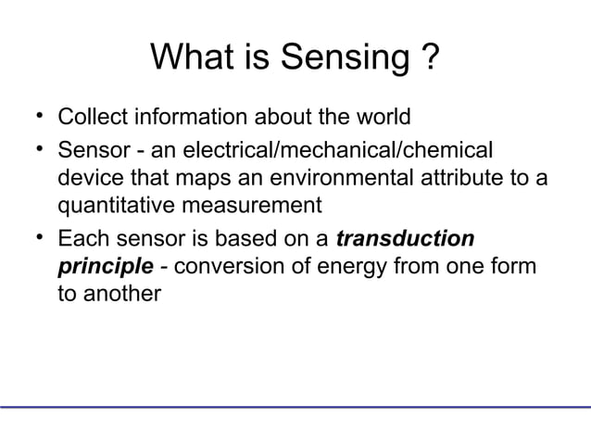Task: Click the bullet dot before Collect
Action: [34, 118]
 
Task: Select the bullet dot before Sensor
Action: [34, 148]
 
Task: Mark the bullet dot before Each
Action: [34, 238]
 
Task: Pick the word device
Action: [87, 179]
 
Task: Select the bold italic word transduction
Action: [405, 239]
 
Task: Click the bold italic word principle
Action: [105, 269]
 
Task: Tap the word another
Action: [120, 298]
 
